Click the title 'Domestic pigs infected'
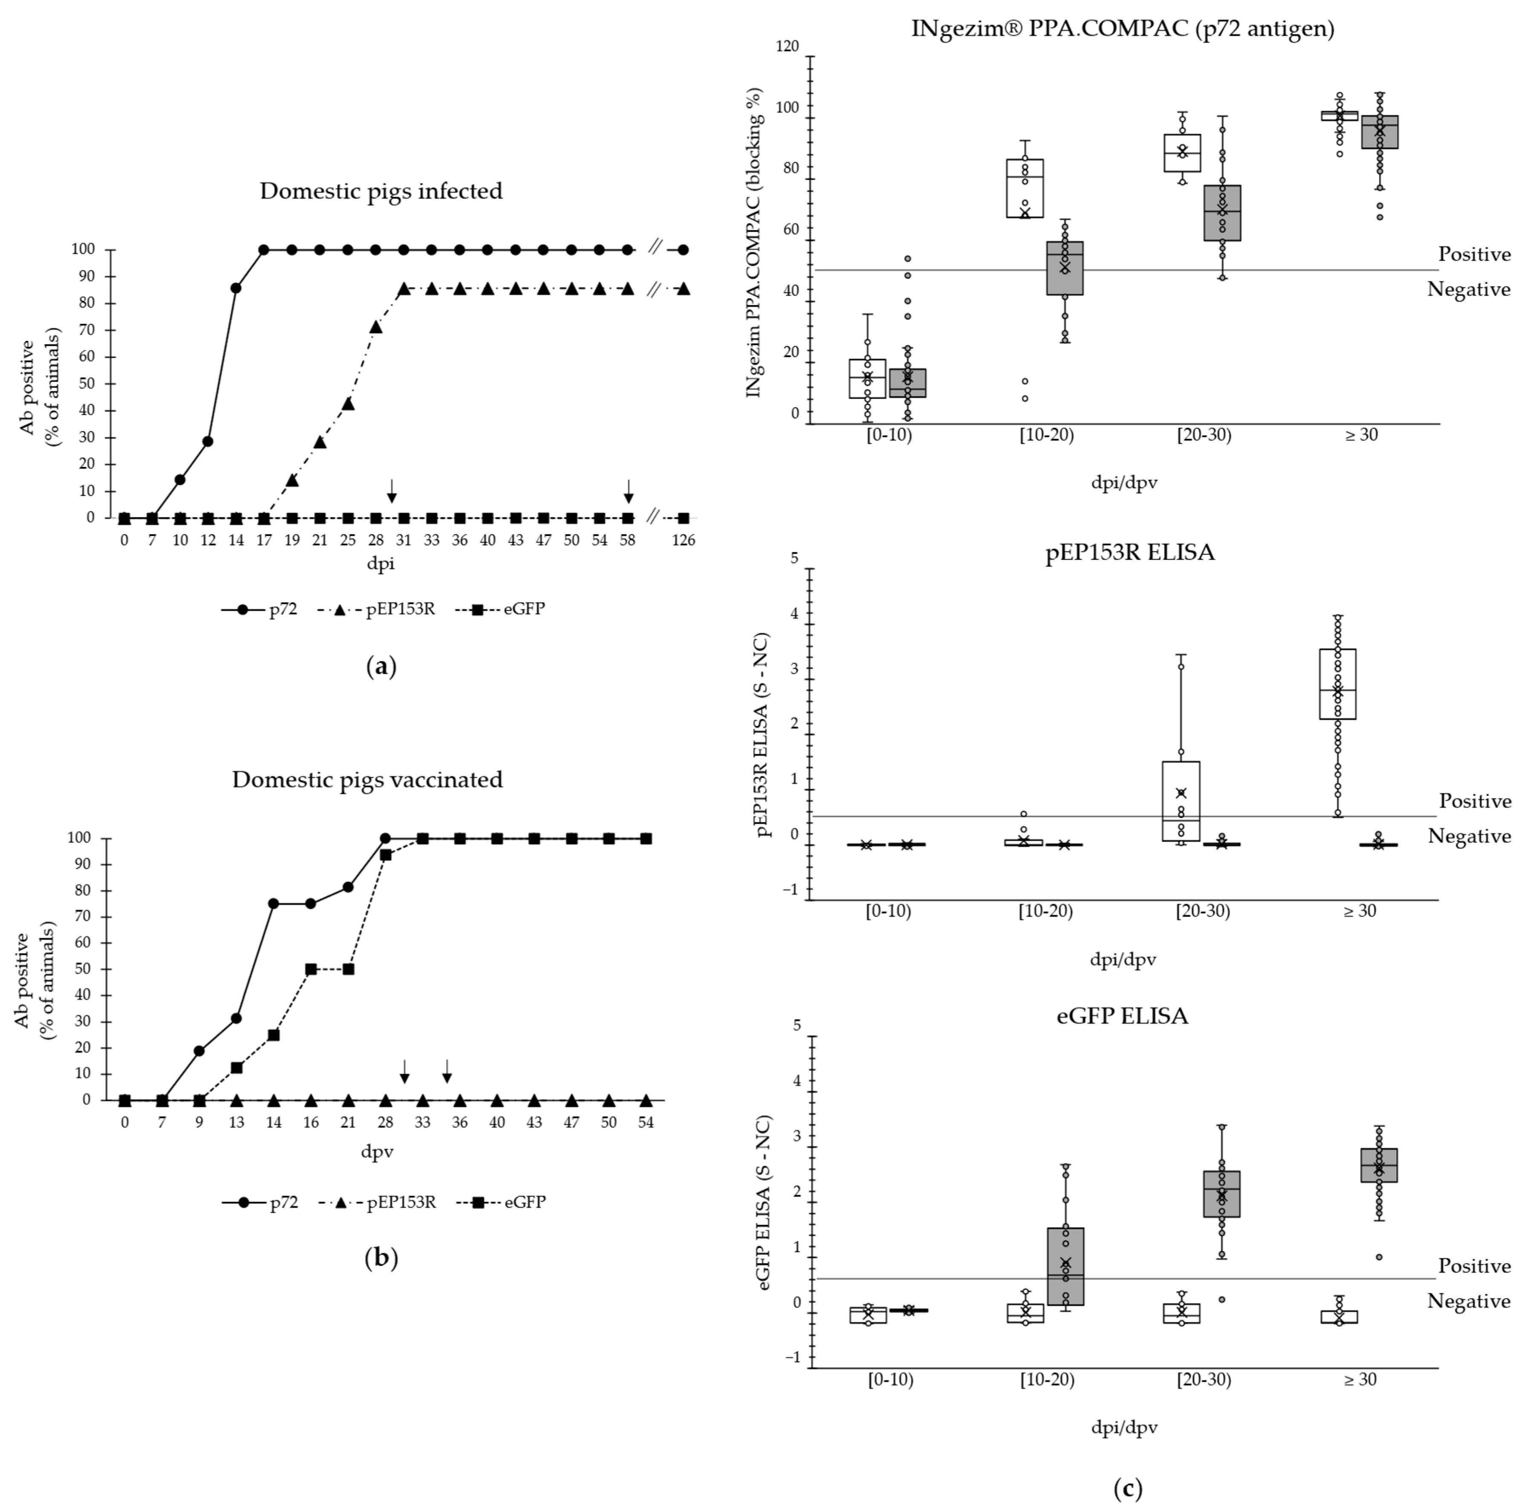tap(381, 191)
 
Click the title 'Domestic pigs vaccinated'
tap(367, 779)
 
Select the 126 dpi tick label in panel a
tap(683, 540)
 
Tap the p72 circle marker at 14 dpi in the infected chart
tap(236, 288)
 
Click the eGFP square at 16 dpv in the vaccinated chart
tap(311, 969)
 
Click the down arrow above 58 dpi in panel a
tap(628, 492)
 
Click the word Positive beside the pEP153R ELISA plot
tap(1474, 801)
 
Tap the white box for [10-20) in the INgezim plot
tap(1025, 188)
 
